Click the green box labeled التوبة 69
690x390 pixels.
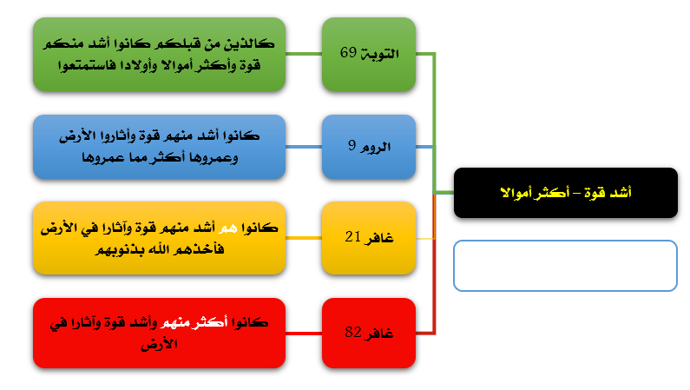[x=369, y=55]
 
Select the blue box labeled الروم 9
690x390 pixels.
[x=369, y=147]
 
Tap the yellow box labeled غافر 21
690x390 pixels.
[x=369, y=238]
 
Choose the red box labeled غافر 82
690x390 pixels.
[x=369, y=334]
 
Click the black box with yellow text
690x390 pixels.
[x=566, y=193]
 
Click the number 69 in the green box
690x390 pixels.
[x=348, y=52]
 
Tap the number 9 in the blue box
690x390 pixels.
[x=352, y=145]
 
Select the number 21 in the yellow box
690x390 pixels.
[x=353, y=237]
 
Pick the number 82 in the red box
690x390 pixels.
[x=353, y=332]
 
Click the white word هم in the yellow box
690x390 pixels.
[x=228, y=228]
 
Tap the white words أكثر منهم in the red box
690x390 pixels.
[x=194, y=322]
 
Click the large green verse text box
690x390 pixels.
[x=160, y=55]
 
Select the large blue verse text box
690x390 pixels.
[x=160, y=147]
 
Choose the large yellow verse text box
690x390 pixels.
[x=160, y=238]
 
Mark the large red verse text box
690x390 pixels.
[x=160, y=334]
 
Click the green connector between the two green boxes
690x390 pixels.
[x=304, y=54]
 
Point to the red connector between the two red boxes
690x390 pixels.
[x=304, y=334]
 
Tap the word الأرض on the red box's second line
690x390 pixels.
[x=159, y=344]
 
